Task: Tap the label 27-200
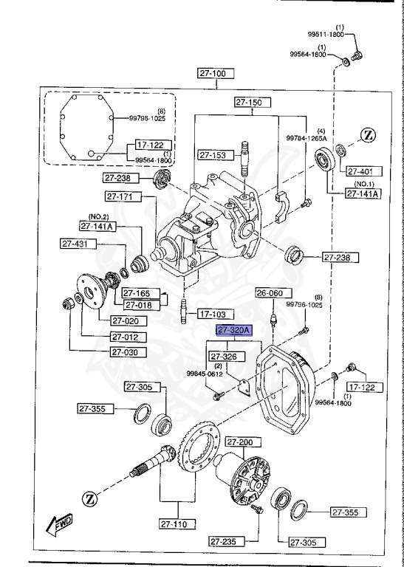click(x=241, y=441)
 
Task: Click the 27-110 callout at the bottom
click(x=177, y=524)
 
